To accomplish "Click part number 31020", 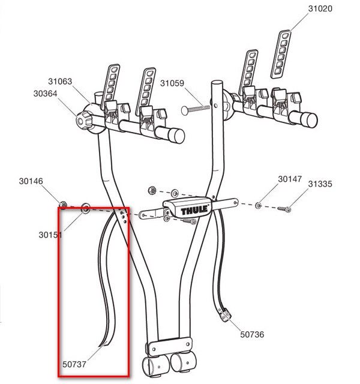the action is (320, 8).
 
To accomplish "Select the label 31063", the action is (60, 82).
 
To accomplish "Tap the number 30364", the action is (46, 94).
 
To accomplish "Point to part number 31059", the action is (172, 83).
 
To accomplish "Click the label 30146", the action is (31, 181).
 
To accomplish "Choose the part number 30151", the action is (50, 235).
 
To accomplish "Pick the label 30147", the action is (290, 179).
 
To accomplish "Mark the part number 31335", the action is (320, 184).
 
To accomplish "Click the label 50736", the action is (252, 334).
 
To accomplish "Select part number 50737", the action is (74, 364).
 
